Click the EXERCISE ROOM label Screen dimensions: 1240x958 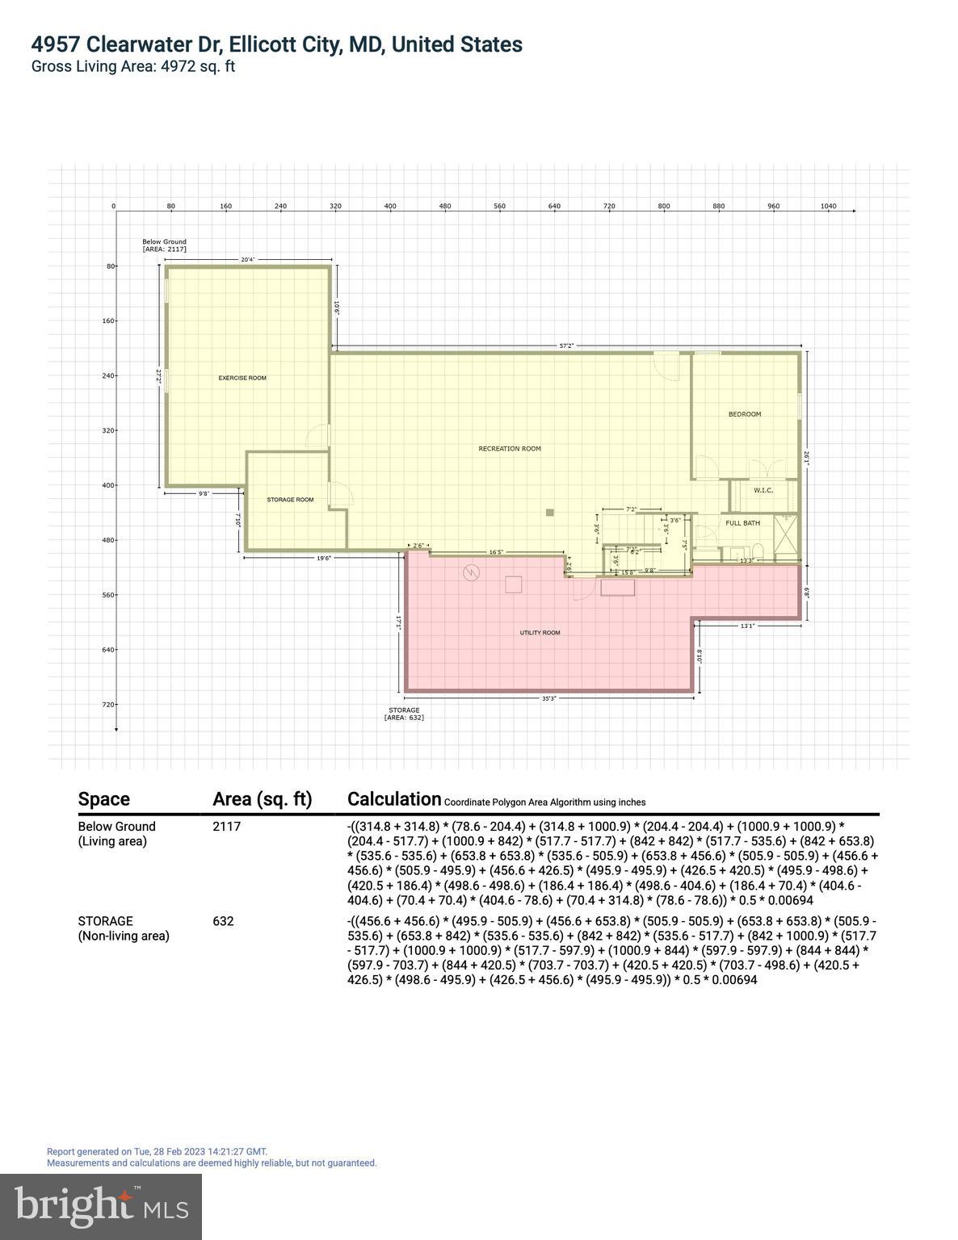pyautogui.click(x=242, y=378)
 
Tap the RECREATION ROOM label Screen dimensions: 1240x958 pyautogui.click(x=510, y=449)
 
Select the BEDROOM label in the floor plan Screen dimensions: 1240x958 pyautogui.click(x=745, y=414)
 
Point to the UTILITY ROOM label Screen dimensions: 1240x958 pyautogui.click(x=540, y=633)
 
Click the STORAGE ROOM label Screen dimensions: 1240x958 pyautogui.click(x=290, y=500)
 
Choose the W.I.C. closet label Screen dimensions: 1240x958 pyautogui.click(x=763, y=490)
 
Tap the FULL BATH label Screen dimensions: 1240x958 pyautogui.click(x=742, y=523)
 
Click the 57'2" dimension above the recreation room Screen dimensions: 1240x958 pyautogui.click(x=567, y=346)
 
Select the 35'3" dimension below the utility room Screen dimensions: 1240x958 pyautogui.click(x=549, y=698)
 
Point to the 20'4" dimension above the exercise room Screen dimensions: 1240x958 pyautogui.click(x=248, y=259)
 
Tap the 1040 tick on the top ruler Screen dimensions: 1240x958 pyautogui.click(x=828, y=207)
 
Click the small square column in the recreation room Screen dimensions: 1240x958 pyautogui.click(x=550, y=512)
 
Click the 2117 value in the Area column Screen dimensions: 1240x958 pyautogui.click(x=226, y=827)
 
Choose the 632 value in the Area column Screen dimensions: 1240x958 pyautogui.click(x=223, y=921)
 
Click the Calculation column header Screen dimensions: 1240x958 pyautogui.click(x=394, y=799)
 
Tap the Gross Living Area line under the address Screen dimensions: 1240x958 pyautogui.click(x=133, y=67)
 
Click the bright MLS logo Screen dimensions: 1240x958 pyautogui.click(x=101, y=1206)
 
